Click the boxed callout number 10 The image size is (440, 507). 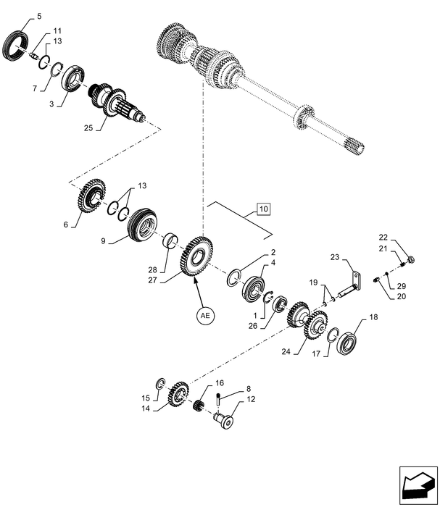(x=262, y=210)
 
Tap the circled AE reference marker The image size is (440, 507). (x=205, y=316)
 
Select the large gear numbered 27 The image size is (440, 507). (x=194, y=255)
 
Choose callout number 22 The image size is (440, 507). (x=383, y=238)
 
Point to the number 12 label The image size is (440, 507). (x=252, y=399)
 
